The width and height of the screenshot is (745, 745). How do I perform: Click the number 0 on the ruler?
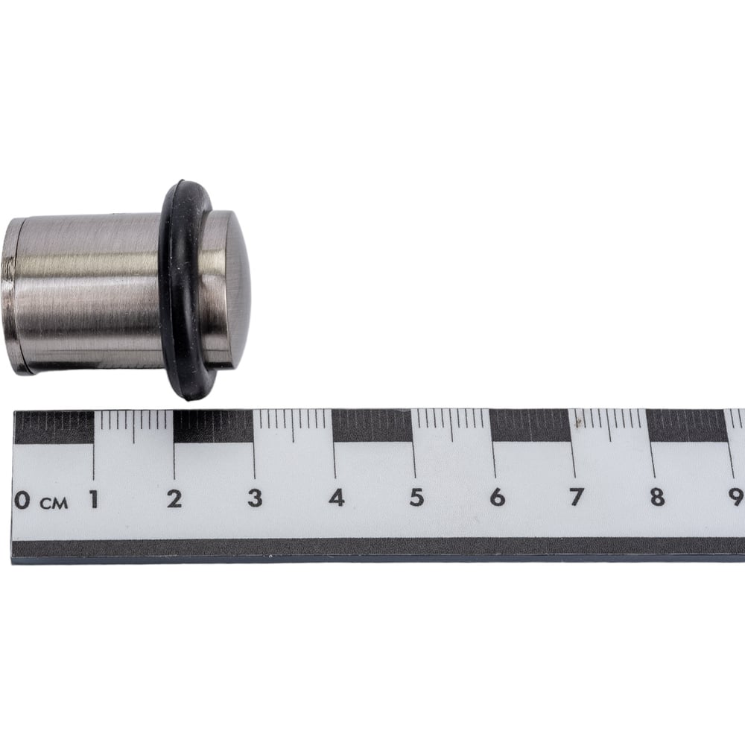(x=22, y=501)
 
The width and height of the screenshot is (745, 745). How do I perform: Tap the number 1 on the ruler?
(x=94, y=499)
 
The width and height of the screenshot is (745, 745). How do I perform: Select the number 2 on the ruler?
(x=174, y=499)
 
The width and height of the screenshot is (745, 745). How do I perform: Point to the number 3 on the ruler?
(x=255, y=498)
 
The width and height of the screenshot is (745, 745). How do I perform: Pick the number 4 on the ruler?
(x=337, y=498)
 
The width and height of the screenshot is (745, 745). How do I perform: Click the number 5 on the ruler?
(x=416, y=497)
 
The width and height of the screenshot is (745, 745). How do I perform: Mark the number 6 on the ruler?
(x=497, y=497)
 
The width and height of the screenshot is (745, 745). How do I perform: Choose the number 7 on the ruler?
(x=577, y=497)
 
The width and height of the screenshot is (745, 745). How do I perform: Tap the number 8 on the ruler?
(x=657, y=497)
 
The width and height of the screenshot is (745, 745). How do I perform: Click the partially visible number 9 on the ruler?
(x=737, y=497)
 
